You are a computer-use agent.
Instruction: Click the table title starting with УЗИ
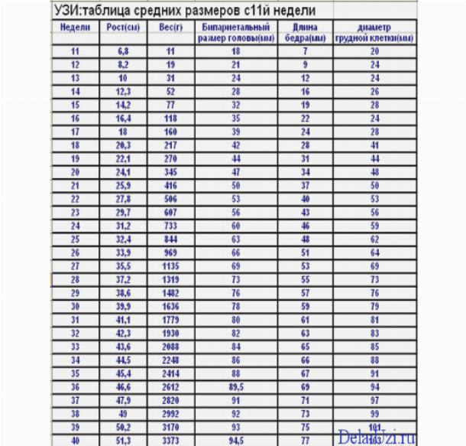(x=183, y=11)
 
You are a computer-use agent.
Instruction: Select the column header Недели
(x=75, y=28)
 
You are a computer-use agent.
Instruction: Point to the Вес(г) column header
(x=170, y=28)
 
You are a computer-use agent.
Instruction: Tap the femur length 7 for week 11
(x=305, y=51)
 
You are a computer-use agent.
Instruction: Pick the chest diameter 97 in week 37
(x=374, y=400)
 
